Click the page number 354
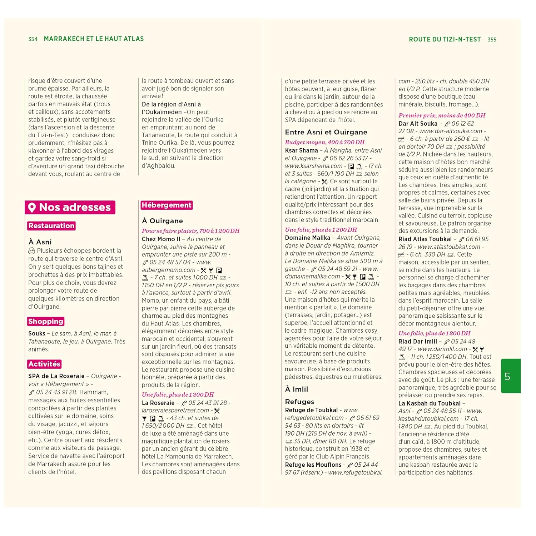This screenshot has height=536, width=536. (33, 39)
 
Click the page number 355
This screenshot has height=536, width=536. (492, 40)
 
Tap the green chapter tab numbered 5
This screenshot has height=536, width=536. (510, 376)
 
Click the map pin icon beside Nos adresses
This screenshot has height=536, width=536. (32, 208)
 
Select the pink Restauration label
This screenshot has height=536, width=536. (51, 226)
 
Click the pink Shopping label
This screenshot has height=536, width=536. (46, 322)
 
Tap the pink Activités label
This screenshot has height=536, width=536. (44, 364)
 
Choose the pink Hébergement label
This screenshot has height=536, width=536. (167, 205)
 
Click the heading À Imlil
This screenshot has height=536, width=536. (296, 389)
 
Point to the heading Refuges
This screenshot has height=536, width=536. (299, 402)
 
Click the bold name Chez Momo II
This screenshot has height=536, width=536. (161, 239)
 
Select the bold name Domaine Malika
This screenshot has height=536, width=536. (307, 238)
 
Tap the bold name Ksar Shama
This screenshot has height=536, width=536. (301, 150)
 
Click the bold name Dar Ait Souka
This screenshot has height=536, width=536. (418, 124)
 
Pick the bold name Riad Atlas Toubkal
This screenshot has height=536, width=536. (425, 239)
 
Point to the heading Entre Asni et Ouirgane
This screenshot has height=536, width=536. (326, 132)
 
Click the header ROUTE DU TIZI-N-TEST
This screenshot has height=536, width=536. (445, 39)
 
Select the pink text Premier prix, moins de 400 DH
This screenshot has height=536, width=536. (442, 115)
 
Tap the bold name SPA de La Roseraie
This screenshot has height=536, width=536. (56, 376)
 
